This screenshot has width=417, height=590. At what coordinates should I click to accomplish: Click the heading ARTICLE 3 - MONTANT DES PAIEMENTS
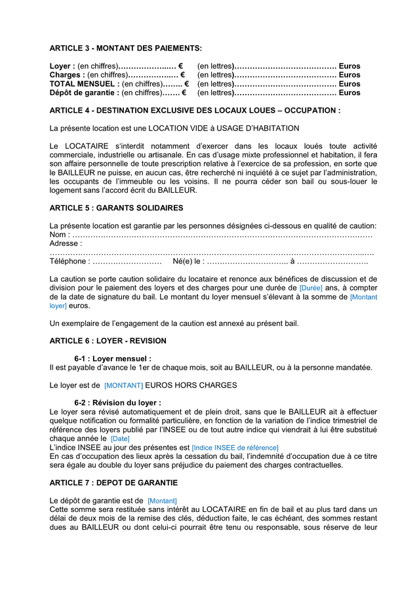(126, 49)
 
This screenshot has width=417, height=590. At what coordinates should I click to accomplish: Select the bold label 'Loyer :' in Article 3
(63, 66)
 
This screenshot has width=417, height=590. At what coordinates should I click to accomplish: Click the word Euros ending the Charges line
(349, 75)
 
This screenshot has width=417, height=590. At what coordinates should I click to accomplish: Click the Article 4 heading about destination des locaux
(195, 110)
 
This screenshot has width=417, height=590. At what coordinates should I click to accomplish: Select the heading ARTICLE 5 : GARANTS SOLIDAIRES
(116, 208)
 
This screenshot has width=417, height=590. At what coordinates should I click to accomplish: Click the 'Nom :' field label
(59, 235)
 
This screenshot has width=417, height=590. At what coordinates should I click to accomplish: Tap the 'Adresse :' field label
(66, 243)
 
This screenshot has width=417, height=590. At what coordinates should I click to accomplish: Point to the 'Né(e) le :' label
(188, 262)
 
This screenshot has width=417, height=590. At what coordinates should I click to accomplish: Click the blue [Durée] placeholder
(310, 288)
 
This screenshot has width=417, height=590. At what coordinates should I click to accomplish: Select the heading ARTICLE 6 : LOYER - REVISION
(108, 341)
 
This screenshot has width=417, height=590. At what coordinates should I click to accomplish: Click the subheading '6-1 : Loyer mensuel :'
(112, 359)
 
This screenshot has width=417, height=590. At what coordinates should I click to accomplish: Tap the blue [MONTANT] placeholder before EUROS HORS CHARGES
(123, 385)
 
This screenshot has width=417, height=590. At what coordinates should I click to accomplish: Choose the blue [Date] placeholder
(120, 439)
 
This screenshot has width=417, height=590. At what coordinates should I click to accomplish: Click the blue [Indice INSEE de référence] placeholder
(235, 448)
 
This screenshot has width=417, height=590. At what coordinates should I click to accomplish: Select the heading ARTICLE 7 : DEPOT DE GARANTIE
(113, 482)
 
